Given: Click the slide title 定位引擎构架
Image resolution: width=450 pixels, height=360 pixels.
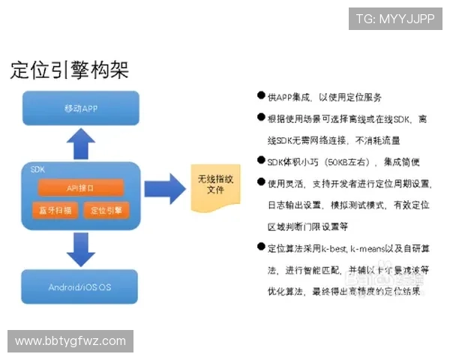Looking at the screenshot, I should coord(70,70).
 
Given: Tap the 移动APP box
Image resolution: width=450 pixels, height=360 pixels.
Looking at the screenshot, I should coord(82,108).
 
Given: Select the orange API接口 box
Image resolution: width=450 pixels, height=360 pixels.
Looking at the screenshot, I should coord(80,187).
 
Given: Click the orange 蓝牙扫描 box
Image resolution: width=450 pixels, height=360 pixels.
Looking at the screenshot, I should coord(55,210).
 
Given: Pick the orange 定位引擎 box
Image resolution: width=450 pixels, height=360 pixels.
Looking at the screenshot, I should coord(106,210).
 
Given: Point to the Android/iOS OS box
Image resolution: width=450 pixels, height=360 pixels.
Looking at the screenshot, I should coord(80,287).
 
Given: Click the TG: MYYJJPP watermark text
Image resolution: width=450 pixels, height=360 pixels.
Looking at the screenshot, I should coord(395,18).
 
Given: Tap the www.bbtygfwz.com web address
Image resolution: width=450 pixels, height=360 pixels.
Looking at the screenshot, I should coord(70,341).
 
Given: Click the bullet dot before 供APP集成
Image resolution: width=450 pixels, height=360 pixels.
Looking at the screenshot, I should coord(260,97).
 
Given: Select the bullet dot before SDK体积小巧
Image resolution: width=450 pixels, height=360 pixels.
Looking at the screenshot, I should coord(260,161).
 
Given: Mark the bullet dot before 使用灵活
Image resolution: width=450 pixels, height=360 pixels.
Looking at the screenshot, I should coord(260,182).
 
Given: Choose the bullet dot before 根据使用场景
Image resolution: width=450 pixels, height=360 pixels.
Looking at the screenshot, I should coord(260,118).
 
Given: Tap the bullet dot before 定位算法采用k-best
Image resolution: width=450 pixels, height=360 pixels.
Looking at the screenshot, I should coord(260,247).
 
